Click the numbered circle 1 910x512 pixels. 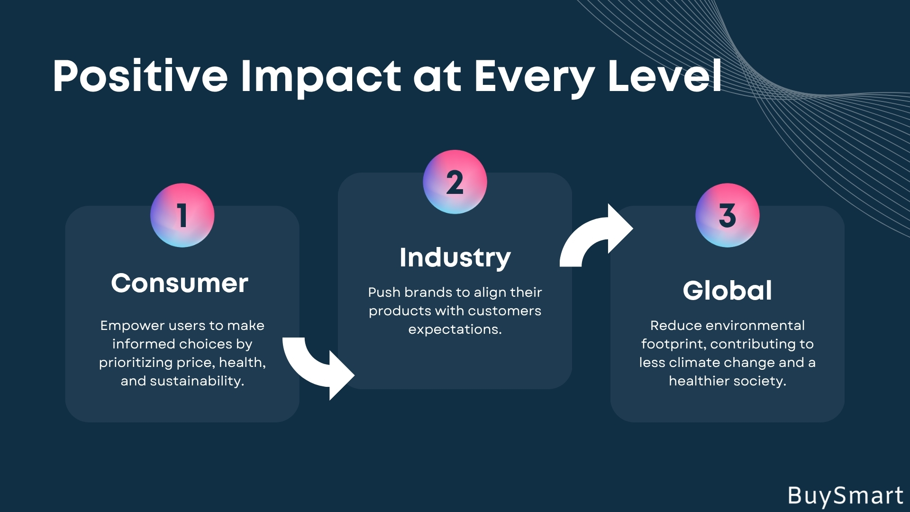(x=182, y=215)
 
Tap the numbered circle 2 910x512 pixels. (x=455, y=182)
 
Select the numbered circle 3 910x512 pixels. (x=728, y=215)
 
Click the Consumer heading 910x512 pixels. (x=180, y=283)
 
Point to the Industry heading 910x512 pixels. (x=455, y=258)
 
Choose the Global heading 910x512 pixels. (x=728, y=290)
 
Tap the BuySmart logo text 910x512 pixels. (x=846, y=496)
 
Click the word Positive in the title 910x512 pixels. (x=140, y=76)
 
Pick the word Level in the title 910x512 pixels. (x=664, y=76)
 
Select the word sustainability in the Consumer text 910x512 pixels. (x=197, y=381)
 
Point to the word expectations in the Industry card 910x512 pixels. (x=455, y=330)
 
